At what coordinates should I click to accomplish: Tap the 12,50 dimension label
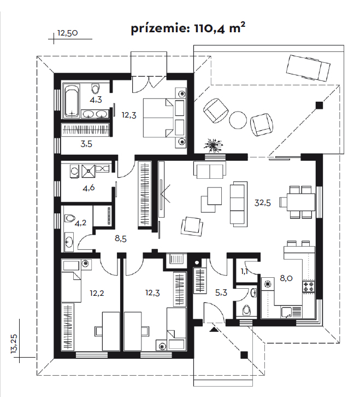68,33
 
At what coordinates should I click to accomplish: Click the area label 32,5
262,202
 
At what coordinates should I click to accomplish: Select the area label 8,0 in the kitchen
286,278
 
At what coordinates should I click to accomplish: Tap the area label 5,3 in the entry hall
221,292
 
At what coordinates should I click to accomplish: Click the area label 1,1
245,271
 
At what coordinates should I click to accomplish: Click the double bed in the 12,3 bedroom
164,117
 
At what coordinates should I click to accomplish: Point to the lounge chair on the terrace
308,67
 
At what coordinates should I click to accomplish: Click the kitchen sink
290,312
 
